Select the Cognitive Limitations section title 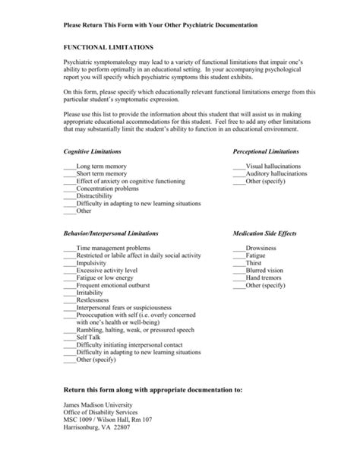point(93,153)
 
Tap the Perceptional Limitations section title point(267,153)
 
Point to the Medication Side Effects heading point(264,233)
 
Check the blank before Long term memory point(70,166)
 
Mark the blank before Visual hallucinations point(239,166)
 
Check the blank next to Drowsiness point(239,248)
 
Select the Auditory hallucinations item point(276,173)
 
